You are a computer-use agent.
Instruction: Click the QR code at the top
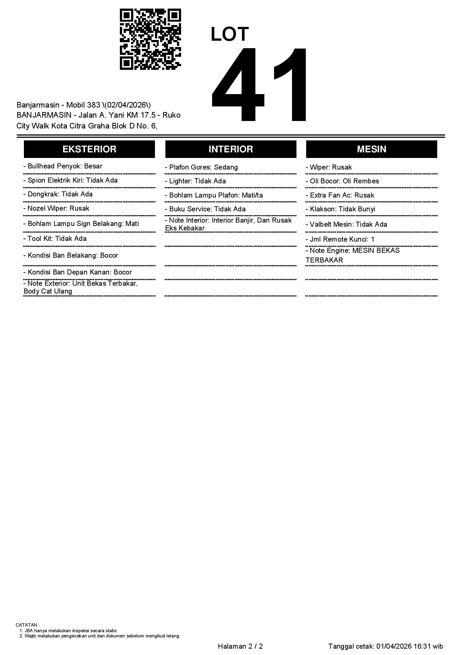[150, 39]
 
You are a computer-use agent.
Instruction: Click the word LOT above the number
[230, 34]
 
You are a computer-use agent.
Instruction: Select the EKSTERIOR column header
[89, 149]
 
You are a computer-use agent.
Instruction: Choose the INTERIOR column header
[231, 149]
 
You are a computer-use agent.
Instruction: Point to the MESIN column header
[372, 149]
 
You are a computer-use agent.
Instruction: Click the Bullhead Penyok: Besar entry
[63, 166]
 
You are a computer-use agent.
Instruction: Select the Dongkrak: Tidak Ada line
[58, 194]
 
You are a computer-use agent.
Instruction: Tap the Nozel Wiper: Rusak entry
[56, 208]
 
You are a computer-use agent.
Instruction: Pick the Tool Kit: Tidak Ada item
[55, 239]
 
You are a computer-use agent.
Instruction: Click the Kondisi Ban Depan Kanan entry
[78, 272]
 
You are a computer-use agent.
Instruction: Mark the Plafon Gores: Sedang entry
[201, 167]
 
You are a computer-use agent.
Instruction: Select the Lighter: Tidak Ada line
[195, 181]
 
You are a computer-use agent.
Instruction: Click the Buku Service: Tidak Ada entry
[205, 209]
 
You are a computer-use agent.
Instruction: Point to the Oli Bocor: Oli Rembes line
[342, 181]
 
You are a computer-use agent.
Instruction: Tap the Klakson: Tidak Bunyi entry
[341, 209]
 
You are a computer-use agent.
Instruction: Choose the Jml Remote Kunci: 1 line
[340, 239]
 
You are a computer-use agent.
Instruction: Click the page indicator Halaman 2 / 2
[240, 646]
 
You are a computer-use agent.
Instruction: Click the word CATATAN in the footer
[27, 625]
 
